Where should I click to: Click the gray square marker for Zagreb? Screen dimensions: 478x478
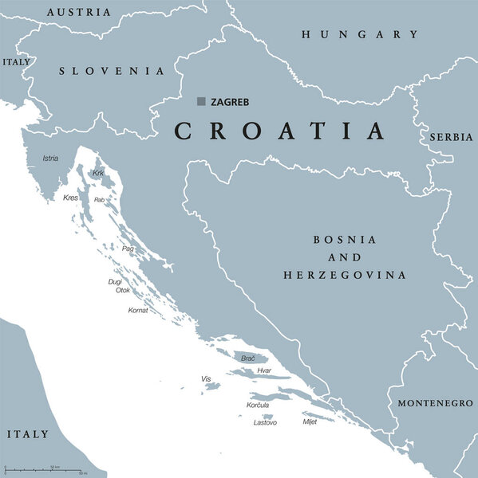pos(201,101)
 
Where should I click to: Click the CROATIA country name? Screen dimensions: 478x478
pos(279,131)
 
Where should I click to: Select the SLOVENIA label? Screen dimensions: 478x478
pos(113,71)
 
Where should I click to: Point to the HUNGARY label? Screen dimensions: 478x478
pos(359,34)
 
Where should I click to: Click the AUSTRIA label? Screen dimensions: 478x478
pos(79,12)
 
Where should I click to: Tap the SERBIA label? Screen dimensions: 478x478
pos(451,137)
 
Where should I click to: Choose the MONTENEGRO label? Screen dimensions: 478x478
pos(435,403)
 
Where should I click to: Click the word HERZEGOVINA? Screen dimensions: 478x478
pos(345,275)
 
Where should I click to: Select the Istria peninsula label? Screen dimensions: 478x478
pos(50,159)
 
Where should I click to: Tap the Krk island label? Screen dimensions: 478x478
pos(97,173)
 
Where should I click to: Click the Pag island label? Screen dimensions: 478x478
pos(128,249)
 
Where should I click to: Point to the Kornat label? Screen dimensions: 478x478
pos(138,309)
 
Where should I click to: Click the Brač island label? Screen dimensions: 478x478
pos(248,359)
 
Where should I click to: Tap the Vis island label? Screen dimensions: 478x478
pos(206,378)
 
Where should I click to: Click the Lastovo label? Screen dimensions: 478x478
pos(265,422)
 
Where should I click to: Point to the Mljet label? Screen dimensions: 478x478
pos(310,421)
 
